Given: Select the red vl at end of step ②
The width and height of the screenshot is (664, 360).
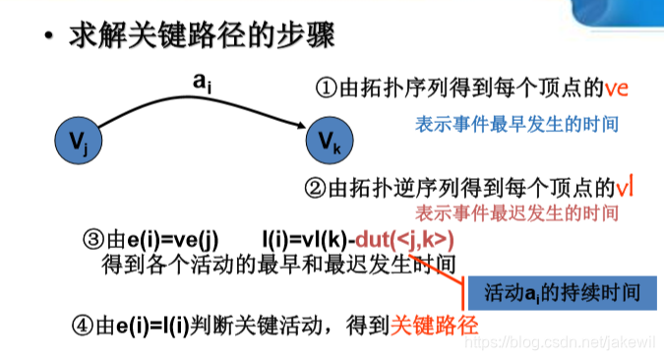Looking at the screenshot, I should (x=624, y=187).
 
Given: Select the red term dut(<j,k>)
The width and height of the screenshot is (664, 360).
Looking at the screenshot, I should (x=405, y=239).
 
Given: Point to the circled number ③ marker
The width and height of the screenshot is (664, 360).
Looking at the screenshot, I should (x=94, y=239).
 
